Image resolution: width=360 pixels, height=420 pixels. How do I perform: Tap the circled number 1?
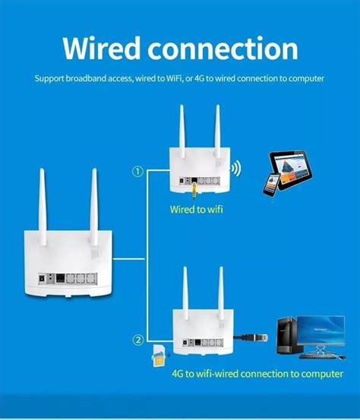pos(137,172)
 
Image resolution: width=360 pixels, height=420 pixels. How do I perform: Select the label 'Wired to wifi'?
pos(196,209)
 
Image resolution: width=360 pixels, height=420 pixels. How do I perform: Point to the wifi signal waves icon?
pos(237,169)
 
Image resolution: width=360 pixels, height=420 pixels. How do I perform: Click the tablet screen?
pos(291,166)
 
